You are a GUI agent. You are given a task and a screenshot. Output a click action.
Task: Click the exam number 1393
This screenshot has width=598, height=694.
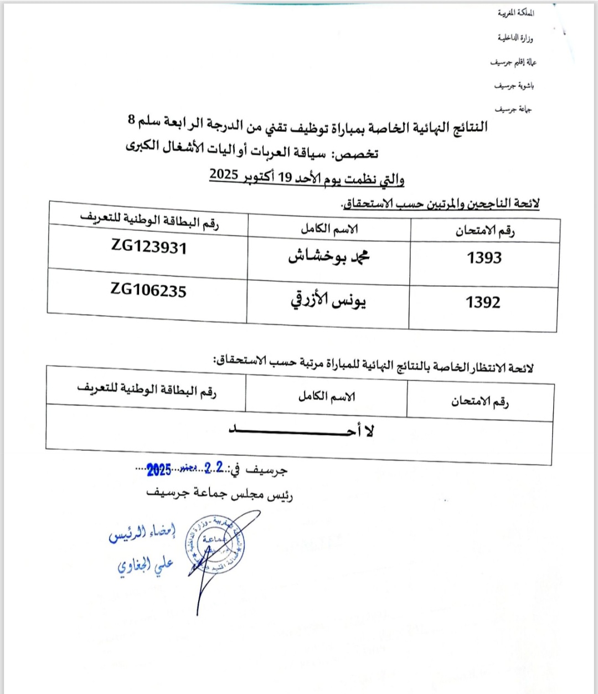point(484,258)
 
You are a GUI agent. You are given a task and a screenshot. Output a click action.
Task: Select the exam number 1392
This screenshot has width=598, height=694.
point(483,302)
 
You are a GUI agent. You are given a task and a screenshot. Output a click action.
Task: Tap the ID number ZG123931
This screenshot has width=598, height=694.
point(149,246)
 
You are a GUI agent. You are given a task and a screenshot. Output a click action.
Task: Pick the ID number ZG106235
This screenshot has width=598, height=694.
point(148,290)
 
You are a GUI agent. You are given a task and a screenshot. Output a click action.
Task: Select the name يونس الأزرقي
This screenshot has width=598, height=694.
point(328,300)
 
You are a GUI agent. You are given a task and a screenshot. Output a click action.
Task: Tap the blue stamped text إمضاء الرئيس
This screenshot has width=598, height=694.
point(142,533)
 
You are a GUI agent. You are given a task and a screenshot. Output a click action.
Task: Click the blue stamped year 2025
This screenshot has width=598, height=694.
point(159,470)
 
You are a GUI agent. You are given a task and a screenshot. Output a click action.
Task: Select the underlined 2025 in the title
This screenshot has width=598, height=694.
point(224,175)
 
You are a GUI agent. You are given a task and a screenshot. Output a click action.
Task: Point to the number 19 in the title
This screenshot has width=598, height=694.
point(285,178)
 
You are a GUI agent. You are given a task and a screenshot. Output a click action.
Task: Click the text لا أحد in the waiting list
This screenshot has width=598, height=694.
point(302,431)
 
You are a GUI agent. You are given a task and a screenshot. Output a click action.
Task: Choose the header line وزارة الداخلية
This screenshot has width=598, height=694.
point(515,38)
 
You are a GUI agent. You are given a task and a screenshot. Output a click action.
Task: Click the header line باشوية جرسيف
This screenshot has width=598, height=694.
point(514,86)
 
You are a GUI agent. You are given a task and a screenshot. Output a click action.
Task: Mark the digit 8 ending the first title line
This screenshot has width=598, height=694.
point(131,120)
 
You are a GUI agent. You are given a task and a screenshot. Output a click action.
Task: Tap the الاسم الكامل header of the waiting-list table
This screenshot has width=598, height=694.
point(327,396)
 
